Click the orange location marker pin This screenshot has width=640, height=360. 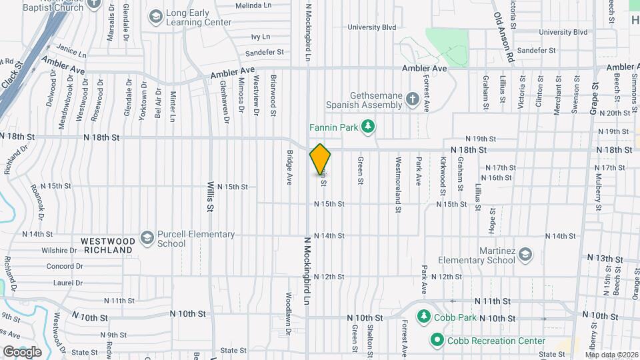[320, 159]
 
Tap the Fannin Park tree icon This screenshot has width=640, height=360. [367, 127]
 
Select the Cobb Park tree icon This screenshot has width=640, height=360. [422, 315]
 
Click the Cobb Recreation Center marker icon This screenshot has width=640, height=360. [437, 341]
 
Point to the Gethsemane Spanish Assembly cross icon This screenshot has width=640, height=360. [413, 100]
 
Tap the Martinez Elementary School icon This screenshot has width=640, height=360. [526, 255]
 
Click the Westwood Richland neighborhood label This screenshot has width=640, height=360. [108, 245]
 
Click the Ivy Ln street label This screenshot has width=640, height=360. [260, 37]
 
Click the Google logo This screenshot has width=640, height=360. [22, 351]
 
